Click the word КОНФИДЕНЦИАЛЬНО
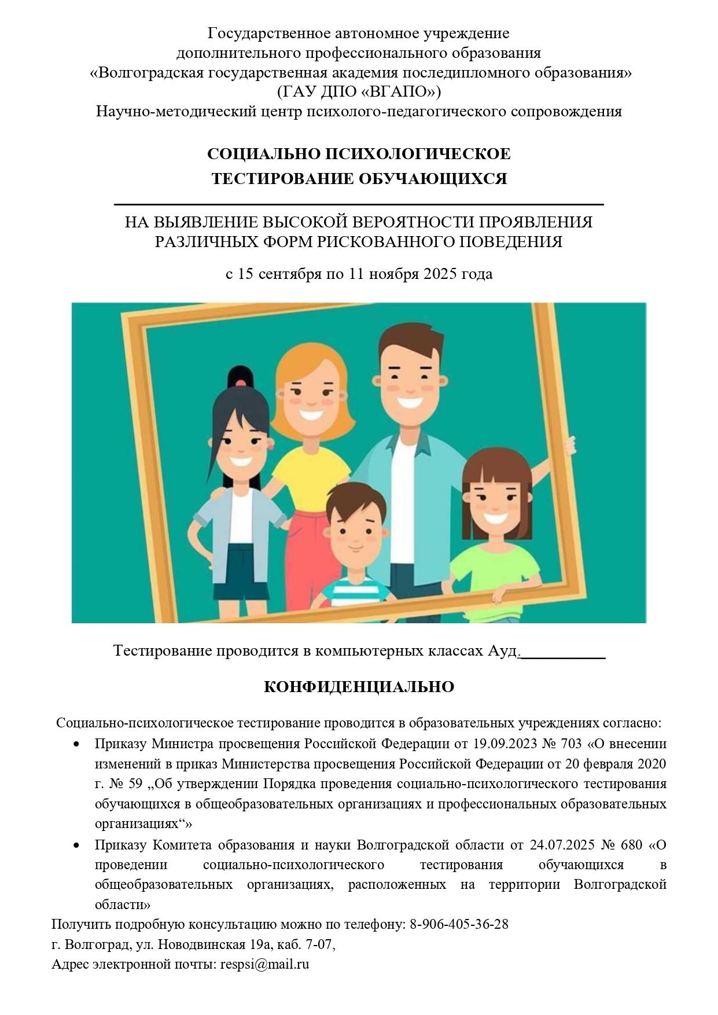tap(359, 687)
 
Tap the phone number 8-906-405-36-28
tap(459, 924)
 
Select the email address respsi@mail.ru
tap(264, 965)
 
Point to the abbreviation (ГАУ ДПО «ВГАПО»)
tap(359, 91)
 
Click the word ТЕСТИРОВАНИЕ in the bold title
tap(282, 179)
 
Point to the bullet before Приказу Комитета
tap(76, 845)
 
